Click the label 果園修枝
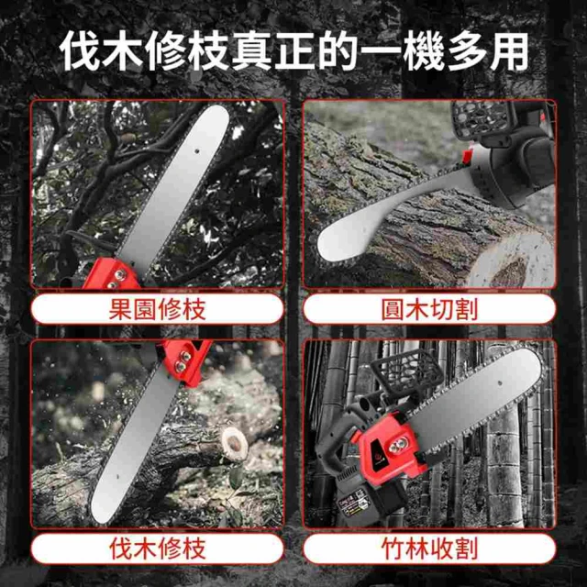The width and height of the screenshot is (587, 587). pos(157,309)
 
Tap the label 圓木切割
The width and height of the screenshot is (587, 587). pos(429,309)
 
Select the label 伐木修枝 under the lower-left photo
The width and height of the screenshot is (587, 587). pos(157,548)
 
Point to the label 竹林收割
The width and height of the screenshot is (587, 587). pos(429,548)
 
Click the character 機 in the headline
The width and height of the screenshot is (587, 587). pos(423,51)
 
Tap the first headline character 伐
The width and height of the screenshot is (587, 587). pos(80,51)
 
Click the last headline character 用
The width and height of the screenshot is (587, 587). pos(508,51)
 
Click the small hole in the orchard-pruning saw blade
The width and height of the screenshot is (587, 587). pos(196,150)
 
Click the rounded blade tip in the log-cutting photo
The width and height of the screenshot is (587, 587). pos(329,245)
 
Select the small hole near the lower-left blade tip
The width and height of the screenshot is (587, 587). pos(116,476)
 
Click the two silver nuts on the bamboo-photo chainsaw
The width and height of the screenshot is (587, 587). pos(397,446)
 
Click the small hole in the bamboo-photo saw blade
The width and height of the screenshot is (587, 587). pos(499,383)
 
